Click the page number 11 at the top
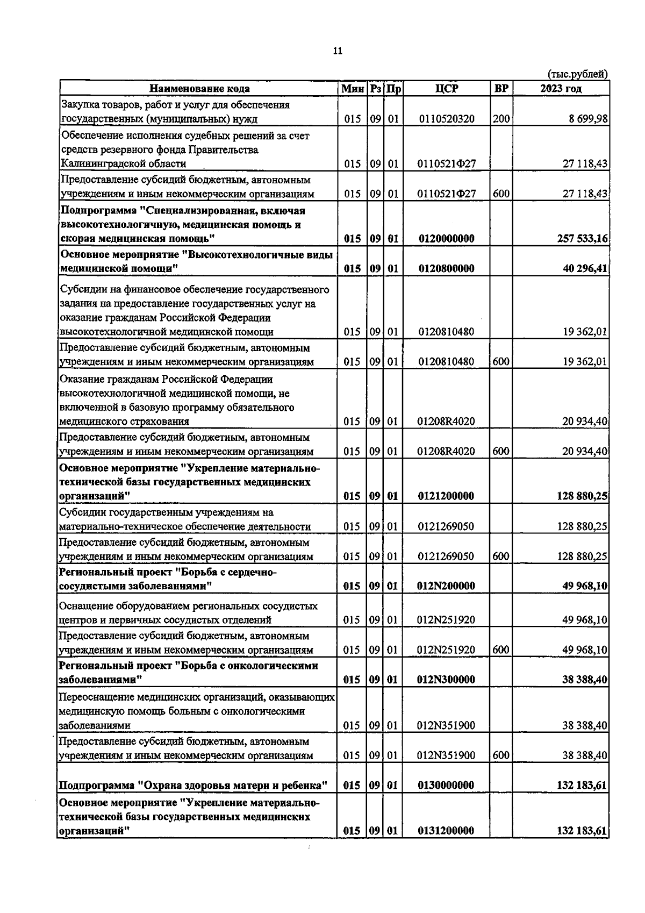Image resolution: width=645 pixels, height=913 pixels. pyautogui.click(x=338, y=52)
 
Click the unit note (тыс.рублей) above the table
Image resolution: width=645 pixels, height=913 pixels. pyautogui.click(x=577, y=74)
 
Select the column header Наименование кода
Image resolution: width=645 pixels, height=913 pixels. pyautogui.click(x=199, y=89)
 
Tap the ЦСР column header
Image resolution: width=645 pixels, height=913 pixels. pyautogui.click(x=447, y=89)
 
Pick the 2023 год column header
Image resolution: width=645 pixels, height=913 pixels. pyautogui.click(x=561, y=89)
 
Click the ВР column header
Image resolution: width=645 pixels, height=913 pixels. pyautogui.click(x=501, y=89)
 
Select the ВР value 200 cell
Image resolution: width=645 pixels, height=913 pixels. pyautogui.click(x=501, y=119)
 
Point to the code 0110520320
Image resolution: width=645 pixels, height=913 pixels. pyautogui.click(x=446, y=119)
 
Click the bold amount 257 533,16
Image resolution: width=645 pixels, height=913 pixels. pyautogui.click(x=582, y=238)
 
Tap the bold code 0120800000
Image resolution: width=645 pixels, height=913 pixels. pyautogui.click(x=446, y=268)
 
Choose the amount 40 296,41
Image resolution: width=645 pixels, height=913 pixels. pyautogui.click(x=585, y=268)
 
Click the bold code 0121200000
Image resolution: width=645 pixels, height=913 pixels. pyautogui.click(x=446, y=496)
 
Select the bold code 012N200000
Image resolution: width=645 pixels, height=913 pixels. pyautogui.click(x=446, y=586)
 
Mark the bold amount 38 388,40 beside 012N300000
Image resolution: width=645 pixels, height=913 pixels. pyautogui.click(x=585, y=680)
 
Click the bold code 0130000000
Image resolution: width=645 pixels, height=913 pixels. pyautogui.click(x=446, y=786)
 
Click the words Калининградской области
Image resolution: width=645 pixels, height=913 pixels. pyautogui.click(x=123, y=163)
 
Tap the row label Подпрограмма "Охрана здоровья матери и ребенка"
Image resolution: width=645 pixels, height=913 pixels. pyautogui.click(x=193, y=786)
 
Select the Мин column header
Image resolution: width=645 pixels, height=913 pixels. pyautogui.click(x=352, y=89)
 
